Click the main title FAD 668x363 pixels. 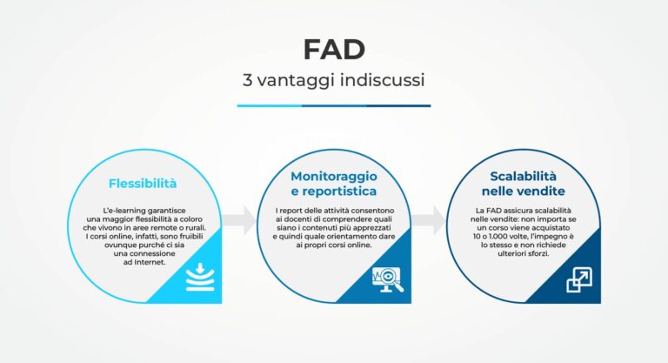tap(334, 50)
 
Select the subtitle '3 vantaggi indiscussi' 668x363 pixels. tap(334, 80)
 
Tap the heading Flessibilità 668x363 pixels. tap(143, 184)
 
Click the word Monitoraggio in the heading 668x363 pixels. tap(334, 176)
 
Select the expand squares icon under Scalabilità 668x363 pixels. tap(579, 279)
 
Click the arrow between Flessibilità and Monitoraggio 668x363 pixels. tap(238, 219)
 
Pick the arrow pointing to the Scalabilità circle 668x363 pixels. tap(427, 219)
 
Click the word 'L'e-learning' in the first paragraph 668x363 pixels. tap(123, 212)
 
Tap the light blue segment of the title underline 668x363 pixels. tap(270, 105)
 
